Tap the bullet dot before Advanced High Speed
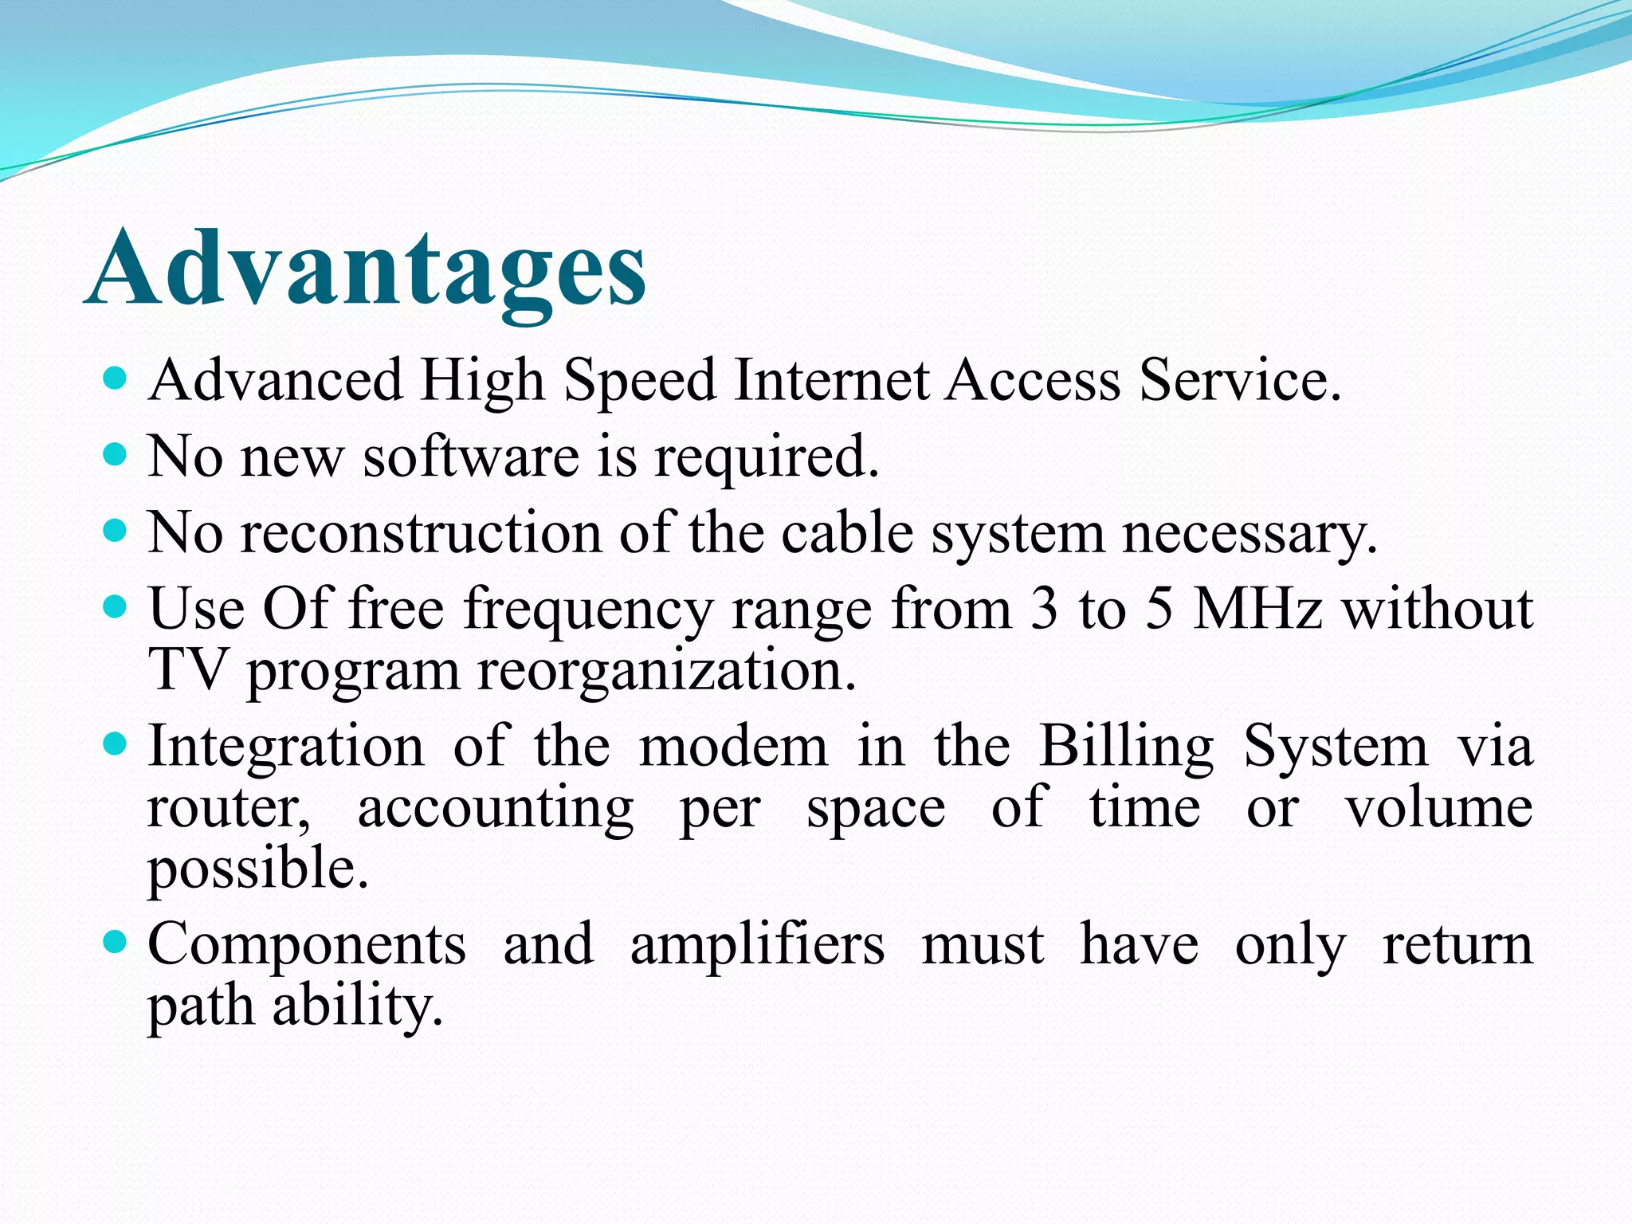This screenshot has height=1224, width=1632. pos(116,378)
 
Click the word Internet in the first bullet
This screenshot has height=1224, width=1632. pos(831,380)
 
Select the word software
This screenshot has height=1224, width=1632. pos(471,457)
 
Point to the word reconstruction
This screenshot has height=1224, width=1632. pos(421,533)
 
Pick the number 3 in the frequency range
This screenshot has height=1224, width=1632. pos(1044,609)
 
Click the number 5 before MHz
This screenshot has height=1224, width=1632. pos(1159,609)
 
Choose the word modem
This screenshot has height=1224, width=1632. pos(733,747)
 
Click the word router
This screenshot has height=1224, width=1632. pos(229,808)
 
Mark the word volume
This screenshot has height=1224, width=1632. pos(1438,808)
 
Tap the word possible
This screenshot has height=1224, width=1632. pos(258,869)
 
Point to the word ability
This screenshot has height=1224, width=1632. pos(358,1006)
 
